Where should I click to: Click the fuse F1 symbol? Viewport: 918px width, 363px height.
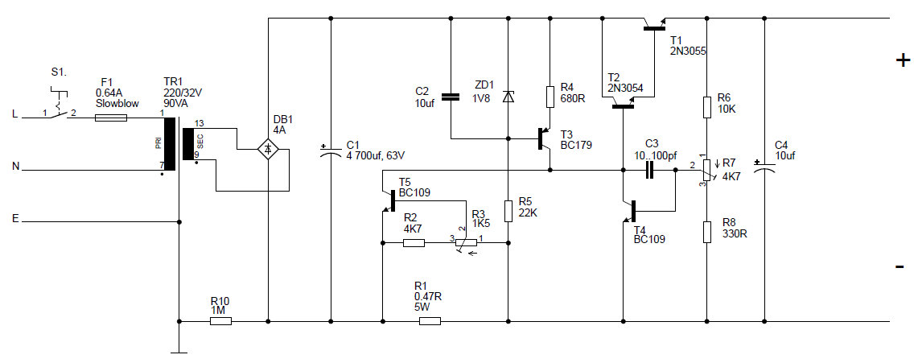tap(110, 118)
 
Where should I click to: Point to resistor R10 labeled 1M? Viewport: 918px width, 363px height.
tap(220, 321)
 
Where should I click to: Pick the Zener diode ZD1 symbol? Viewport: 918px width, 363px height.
tap(507, 97)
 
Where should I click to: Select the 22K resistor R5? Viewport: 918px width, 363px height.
tap(508, 211)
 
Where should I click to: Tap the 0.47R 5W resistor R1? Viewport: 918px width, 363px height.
tap(430, 321)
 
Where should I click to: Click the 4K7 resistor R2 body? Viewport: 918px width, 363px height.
tap(413, 241)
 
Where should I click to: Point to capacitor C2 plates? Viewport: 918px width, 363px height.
tap(451, 97)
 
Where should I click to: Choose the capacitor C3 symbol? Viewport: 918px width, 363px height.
tap(650, 170)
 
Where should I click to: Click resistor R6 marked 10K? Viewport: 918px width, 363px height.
tap(706, 107)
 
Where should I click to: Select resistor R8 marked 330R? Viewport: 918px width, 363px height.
tap(706, 232)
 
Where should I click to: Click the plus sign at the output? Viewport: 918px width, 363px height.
tap(902, 60)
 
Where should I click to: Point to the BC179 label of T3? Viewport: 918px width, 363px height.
tap(576, 146)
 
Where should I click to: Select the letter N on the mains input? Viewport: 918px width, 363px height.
tap(14, 167)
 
